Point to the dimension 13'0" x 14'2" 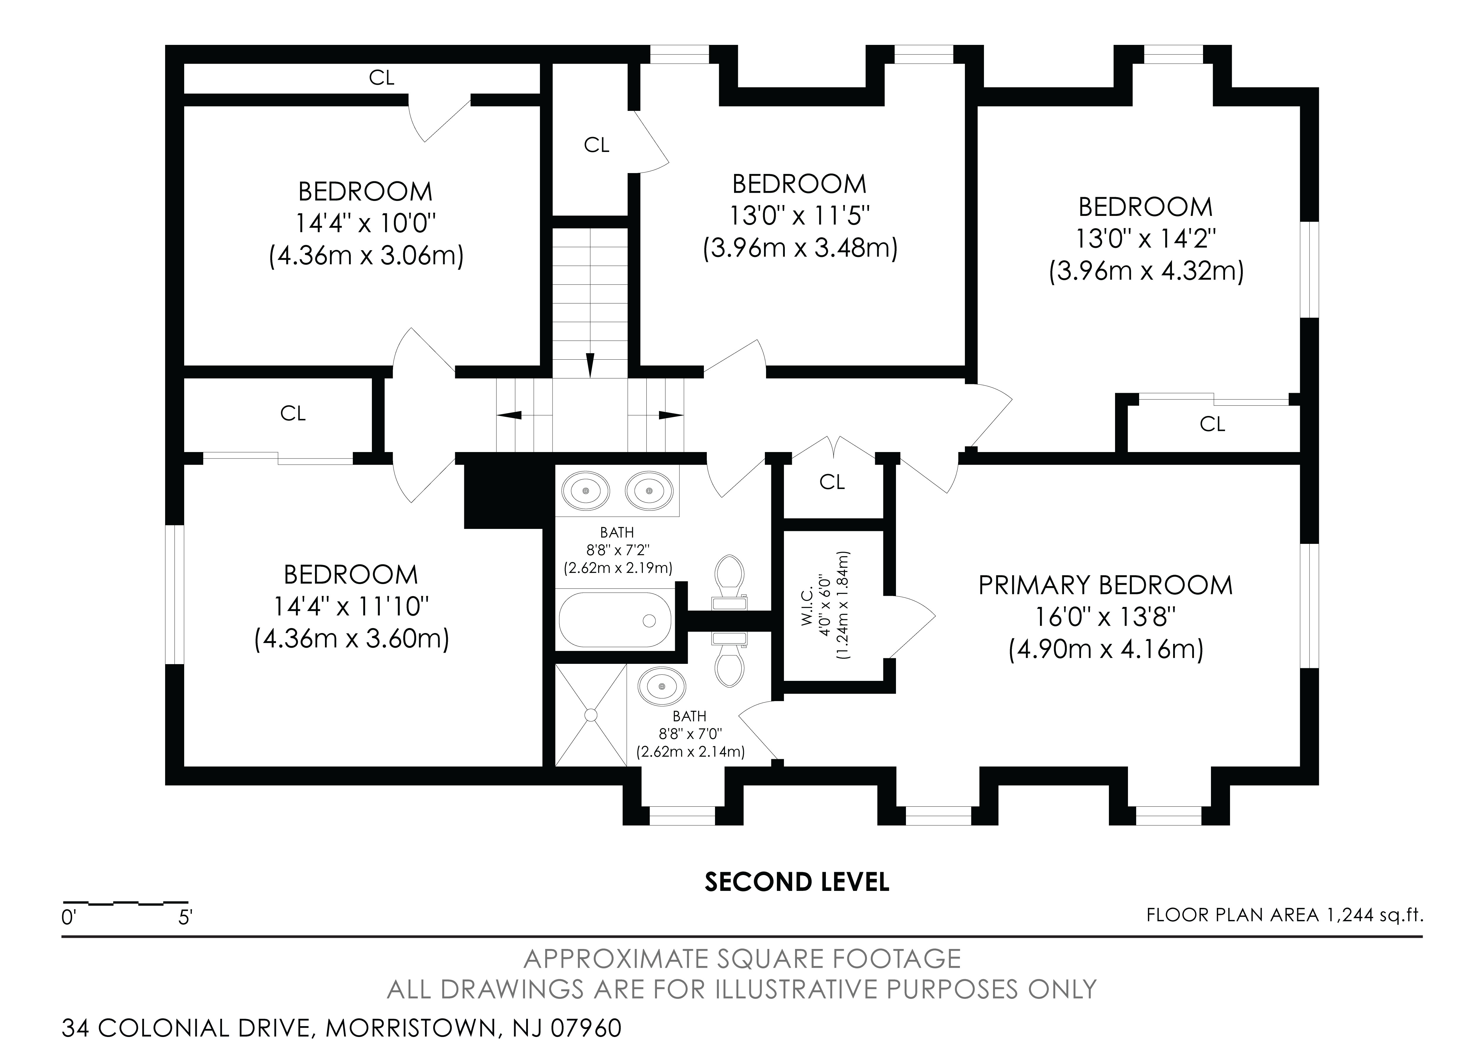(1145, 239)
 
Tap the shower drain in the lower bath (591, 715)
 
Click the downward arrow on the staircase (589, 365)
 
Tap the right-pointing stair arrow (671, 415)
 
